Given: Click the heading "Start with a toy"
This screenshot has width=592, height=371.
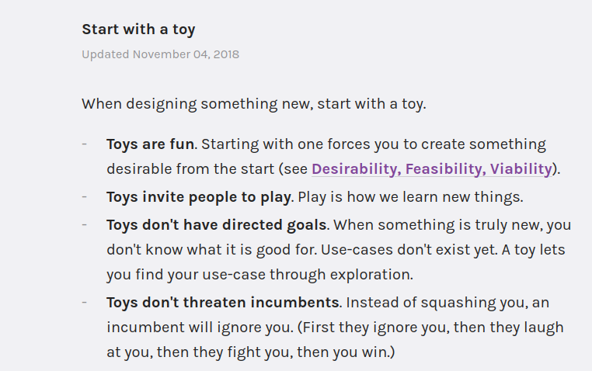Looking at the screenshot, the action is tap(138, 29).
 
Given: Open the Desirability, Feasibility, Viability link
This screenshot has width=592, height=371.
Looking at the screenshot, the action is tap(432, 169).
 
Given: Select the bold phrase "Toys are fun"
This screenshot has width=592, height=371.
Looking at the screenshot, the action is tap(150, 144).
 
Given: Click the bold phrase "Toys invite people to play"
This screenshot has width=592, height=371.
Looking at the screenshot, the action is tap(199, 198).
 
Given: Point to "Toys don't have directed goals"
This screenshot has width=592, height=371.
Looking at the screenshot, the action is tap(217, 225).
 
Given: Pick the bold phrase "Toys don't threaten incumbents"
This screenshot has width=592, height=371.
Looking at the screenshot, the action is tap(223, 303).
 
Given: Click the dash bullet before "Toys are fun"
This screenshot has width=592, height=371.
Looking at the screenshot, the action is tap(85, 144).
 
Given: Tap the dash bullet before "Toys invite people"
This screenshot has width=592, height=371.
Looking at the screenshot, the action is tap(85, 196).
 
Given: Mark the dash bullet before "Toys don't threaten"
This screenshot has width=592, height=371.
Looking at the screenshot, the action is tap(85, 302).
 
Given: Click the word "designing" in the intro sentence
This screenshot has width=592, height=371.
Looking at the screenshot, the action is tap(162, 105).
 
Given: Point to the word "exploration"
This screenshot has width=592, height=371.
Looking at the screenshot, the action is tap(371, 275).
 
